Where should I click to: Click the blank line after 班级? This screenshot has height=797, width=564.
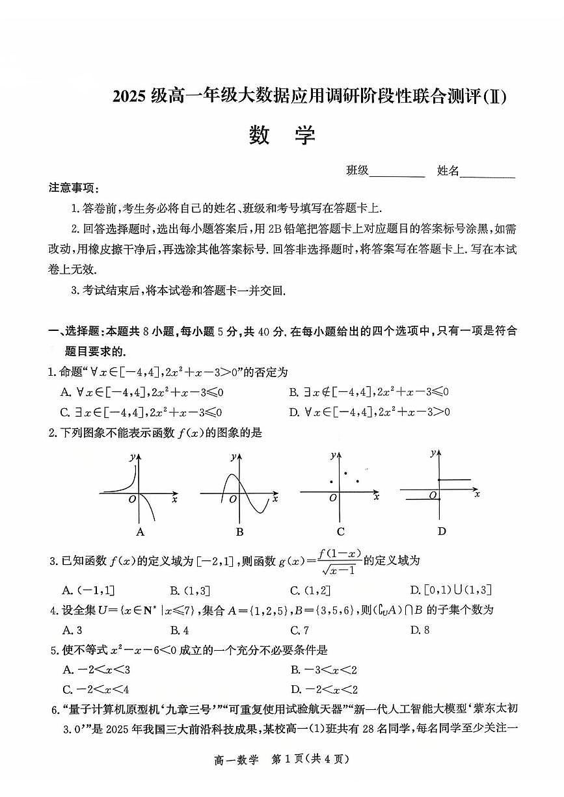(397, 173)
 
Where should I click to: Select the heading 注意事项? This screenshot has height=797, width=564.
(74, 188)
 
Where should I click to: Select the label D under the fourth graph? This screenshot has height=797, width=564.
(442, 531)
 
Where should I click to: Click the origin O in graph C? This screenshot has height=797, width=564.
(333, 498)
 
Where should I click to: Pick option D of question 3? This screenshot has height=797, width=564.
(451, 590)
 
